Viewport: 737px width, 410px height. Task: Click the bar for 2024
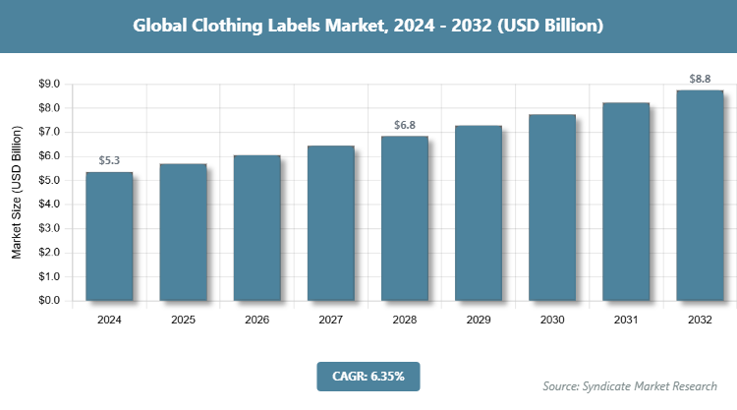[109, 236]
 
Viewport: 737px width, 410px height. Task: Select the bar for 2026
[256, 227]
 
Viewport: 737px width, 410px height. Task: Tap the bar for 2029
[479, 212]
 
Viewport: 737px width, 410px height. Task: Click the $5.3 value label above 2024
[109, 160]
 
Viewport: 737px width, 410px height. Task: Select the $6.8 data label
[405, 125]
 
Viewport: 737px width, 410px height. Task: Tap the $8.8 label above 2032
[700, 79]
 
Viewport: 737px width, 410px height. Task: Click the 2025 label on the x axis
[183, 321]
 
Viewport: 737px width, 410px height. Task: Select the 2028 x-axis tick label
[405, 321]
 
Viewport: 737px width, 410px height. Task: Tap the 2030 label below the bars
[552, 321]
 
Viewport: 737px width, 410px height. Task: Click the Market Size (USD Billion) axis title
[17, 192]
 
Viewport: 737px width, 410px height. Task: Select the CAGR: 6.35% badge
[368, 376]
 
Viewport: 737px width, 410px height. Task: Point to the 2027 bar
[331, 222]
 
